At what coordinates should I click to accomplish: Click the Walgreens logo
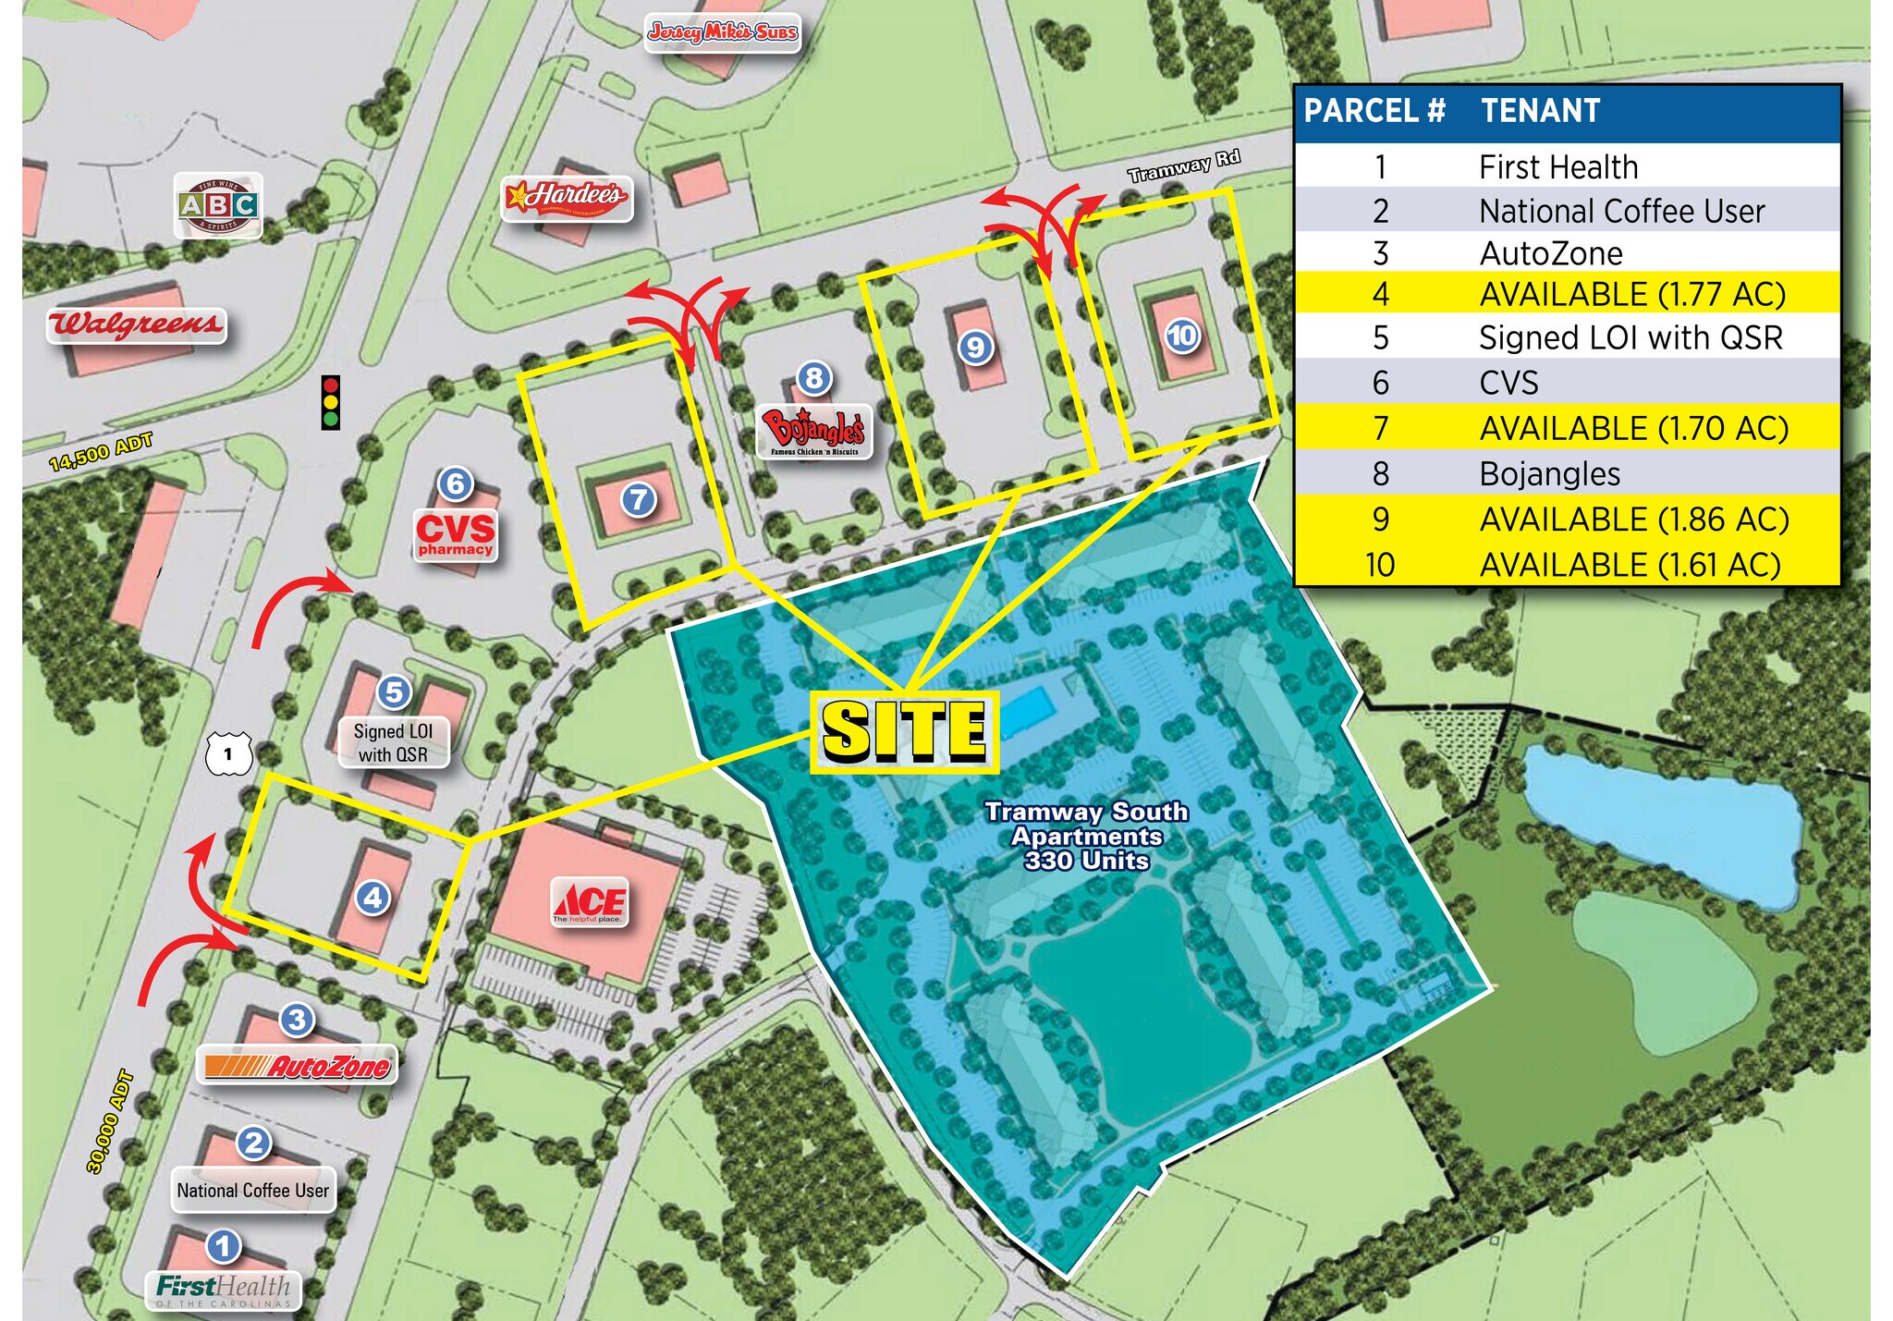pos(137,325)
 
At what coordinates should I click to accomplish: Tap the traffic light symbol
pos(330,402)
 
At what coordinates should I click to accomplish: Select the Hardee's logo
pos(567,197)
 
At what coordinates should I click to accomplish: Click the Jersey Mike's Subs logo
pos(722,32)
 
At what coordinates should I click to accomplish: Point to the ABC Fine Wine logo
pos(218,204)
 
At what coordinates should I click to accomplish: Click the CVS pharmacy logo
pos(455,533)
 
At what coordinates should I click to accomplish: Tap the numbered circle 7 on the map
pos(638,499)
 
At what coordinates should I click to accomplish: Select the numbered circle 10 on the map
pos(1182,335)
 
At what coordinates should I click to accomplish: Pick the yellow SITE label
pos(905,731)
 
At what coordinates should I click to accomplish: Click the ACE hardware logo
pos(590,901)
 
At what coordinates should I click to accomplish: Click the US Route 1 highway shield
pos(227,753)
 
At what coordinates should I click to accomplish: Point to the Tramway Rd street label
pos(1183,165)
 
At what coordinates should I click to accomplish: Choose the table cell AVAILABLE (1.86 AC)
pos(1633,520)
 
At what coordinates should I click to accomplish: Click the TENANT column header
pos(1540,111)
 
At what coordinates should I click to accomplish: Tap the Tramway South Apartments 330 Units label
pos(1086,836)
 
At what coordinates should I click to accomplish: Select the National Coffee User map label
pos(252,1191)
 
